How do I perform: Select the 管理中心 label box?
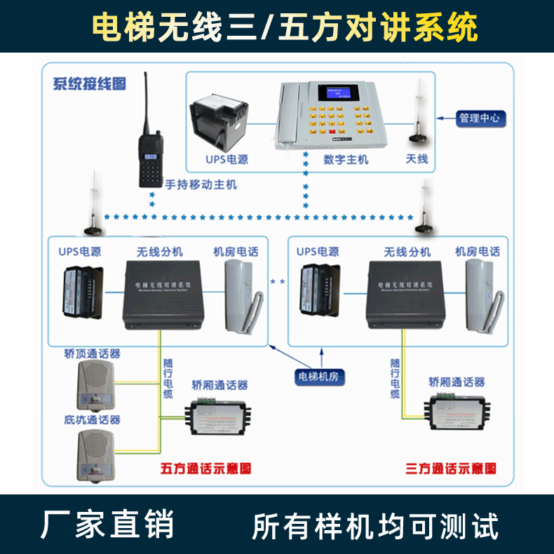480,118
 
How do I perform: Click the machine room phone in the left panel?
243,295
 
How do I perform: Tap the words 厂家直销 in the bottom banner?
107,525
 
